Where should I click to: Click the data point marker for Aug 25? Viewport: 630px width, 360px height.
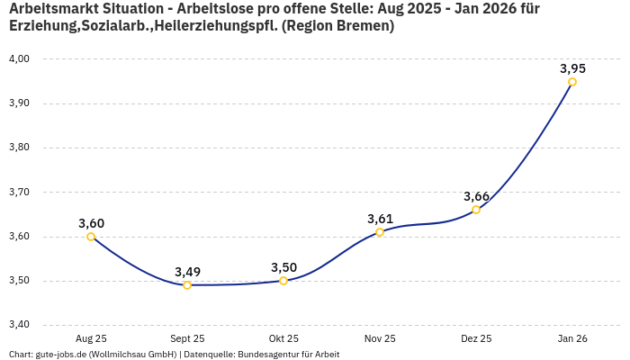pyautogui.click(x=91, y=237)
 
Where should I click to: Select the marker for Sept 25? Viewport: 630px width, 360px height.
pyautogui.click(x=187, y=285)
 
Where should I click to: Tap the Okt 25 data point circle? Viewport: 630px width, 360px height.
pyautogui.click(x=283, y=281)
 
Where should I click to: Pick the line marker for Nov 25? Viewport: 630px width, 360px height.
pyautogui.click(x=380, y=232)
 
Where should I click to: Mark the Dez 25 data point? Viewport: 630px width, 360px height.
pyautogui.click(x=476, y=210)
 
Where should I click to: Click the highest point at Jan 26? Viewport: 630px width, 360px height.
pyautogui.click(x=572, y=82)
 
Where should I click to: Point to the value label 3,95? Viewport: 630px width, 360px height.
pyautogui.click(x=572, y=68)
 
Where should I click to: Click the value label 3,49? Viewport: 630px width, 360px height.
pyautogui.click(x=187, y=272)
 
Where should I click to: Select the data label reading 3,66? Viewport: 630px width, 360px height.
pyautogui.click(x=476, y=196)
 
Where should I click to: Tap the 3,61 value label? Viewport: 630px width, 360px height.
pyautogui.click(x=380, y=219)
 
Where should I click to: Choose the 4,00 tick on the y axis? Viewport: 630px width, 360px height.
pyautogui.click(x=19, y=59)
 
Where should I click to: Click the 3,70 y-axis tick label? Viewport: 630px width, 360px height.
pyautogui.click(x=19, y=193)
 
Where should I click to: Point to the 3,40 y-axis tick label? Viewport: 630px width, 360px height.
pyautogui.click(x=19, y=325)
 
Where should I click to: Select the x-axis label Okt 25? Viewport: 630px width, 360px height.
pyautogui.click(x=283, y=339)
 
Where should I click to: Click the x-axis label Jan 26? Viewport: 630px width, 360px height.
pyautogui.click(x=572, y=339)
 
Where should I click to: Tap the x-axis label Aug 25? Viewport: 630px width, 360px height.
pyautogui.click(x=91, y=339)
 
